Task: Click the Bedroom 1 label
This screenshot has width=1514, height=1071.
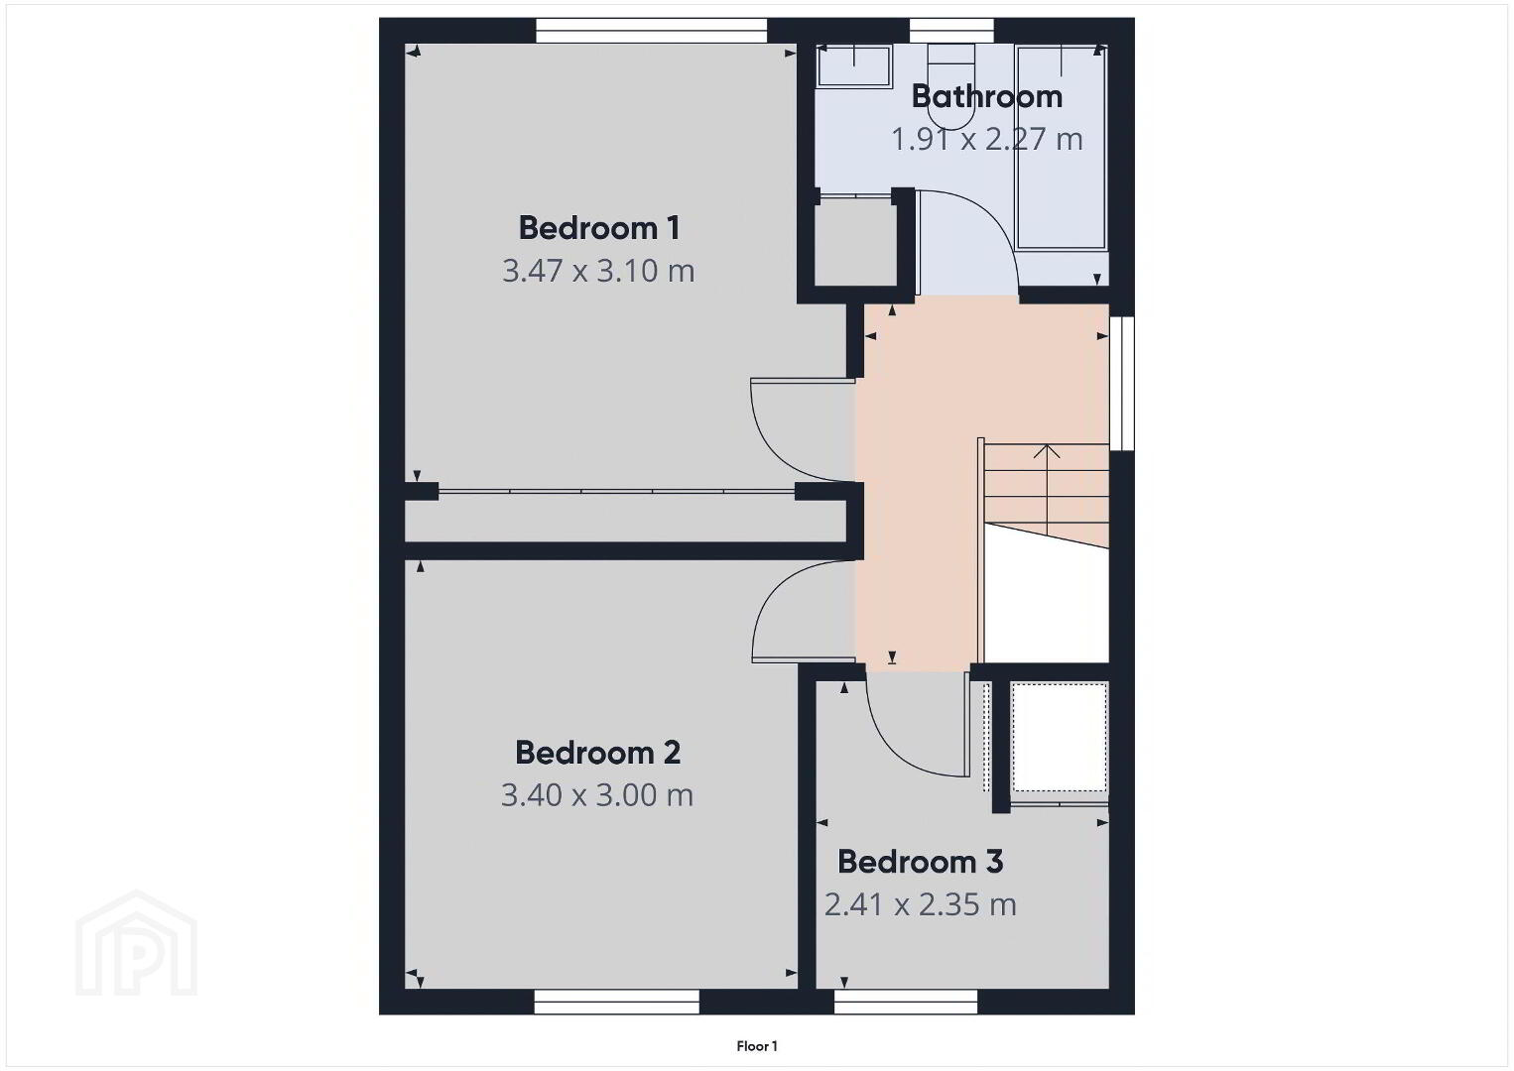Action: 599,228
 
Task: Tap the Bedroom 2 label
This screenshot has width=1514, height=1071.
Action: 597,752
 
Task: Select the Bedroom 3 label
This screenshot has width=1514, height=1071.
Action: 920,862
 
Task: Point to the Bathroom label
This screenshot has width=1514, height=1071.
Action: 987,96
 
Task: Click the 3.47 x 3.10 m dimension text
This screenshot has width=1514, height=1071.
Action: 598,271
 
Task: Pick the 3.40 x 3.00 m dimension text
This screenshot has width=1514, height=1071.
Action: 597,794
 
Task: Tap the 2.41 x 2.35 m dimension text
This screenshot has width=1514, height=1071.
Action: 920,904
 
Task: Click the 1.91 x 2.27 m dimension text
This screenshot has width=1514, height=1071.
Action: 987,139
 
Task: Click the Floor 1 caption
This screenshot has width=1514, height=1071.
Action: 757,1046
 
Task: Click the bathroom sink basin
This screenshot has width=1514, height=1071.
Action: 854,65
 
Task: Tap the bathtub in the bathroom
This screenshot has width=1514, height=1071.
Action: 1062,148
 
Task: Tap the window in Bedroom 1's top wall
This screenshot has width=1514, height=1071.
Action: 652,31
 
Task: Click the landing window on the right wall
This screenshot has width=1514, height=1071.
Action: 1121,383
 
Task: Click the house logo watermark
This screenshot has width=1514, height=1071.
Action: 136,943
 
